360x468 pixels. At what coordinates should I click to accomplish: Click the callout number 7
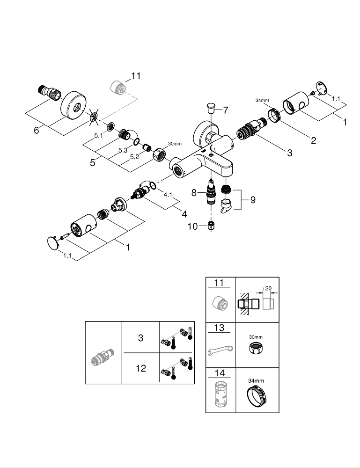[x=225, y=110]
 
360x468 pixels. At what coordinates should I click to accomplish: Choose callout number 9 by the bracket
[x=253, y=200]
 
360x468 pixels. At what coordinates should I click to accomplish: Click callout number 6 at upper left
[x=37, y=131]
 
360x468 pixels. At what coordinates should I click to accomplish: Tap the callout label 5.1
[x=98, y=136]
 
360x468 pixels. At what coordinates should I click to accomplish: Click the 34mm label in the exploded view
[x=263, y=100]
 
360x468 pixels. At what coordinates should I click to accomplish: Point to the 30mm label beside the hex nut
[x=174, y=144]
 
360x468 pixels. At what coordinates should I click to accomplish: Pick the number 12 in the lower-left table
[x=140, y=368]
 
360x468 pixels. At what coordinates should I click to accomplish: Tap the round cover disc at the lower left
[x=54, y=243]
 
